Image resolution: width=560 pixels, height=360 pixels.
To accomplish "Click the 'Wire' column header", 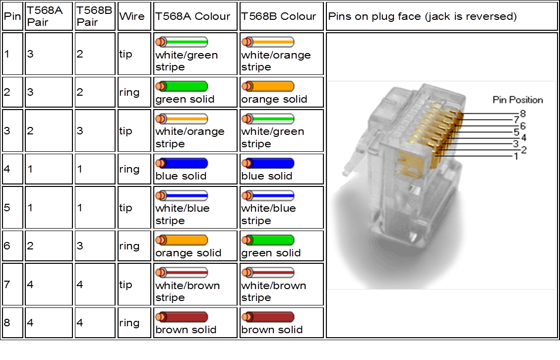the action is pyautogui.click(x=132, y=16).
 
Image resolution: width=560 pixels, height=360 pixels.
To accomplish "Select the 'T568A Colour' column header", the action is pyautogui.click(x=193, y=16).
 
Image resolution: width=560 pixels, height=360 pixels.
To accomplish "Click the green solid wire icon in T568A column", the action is pyautogui.click(x=182, y=86).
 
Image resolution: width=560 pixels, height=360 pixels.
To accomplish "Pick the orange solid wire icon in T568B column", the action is pyautogui.click(x=268, y=86).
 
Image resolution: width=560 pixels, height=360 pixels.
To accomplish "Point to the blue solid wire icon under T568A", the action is pyautogui.click(x=182, y=163).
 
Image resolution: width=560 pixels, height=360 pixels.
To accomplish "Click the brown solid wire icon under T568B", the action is pyautogui.click(x=268, y=317).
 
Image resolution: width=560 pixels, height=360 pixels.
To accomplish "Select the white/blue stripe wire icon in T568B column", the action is pyautogui.click(x=268, y=195).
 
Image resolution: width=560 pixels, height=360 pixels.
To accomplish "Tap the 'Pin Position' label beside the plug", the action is pyautogui.click(x=518, y=100).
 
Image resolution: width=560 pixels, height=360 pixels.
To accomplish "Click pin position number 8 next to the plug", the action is pyautogui.click(x=523, y=114).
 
